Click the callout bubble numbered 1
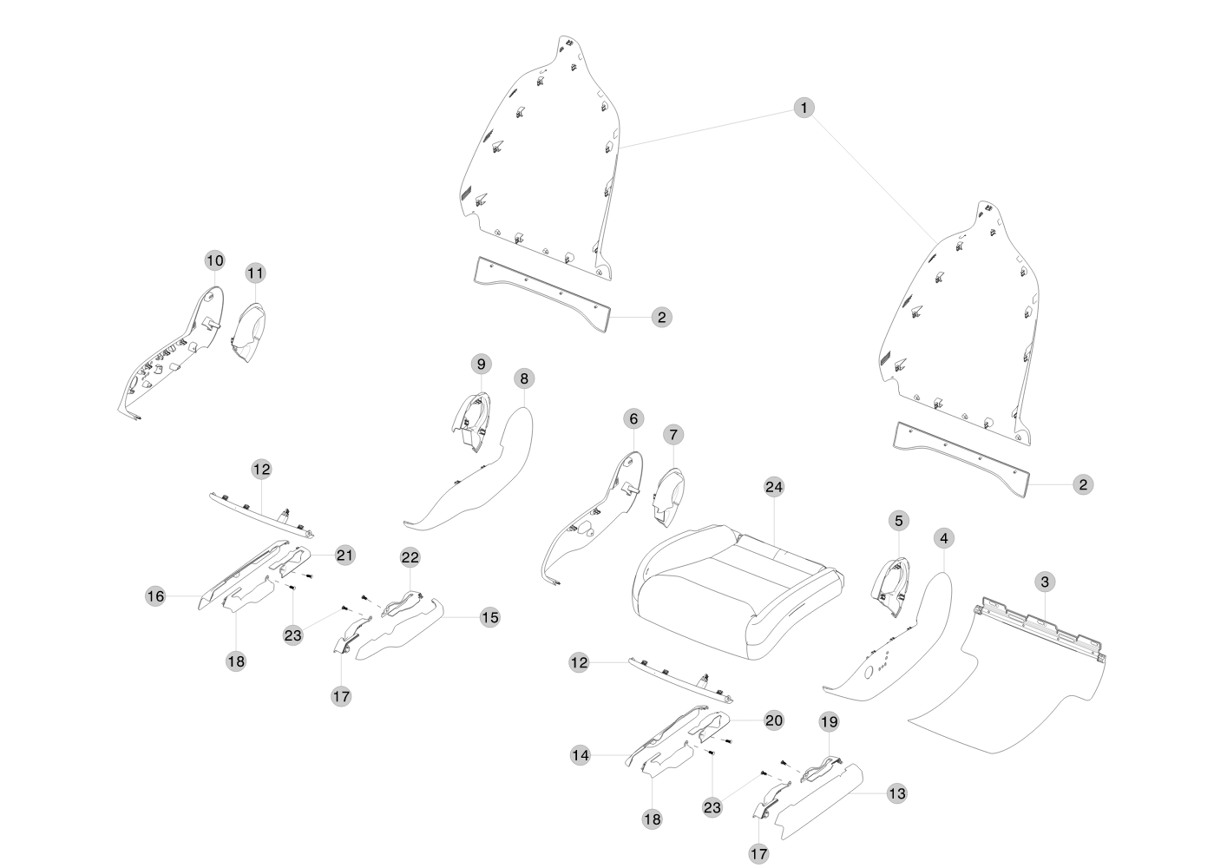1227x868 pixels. click(804, 108)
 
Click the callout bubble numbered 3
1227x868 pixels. click(1044, 581)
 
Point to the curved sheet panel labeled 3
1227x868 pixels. click(1007, 686)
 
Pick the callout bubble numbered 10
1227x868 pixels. click(214, 260)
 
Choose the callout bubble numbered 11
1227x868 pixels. click(254, 273)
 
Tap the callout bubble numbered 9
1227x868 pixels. click(482, 363)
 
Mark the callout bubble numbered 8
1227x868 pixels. click(523, 378)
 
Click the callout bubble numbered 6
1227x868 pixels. click(633, 419)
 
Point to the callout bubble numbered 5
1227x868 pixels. click(898, 521)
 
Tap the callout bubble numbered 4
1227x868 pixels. click(943, 538)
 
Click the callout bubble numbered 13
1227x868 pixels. click(896, 793)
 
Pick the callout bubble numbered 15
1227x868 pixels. click(489, 617)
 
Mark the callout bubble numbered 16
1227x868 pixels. click(155, 596)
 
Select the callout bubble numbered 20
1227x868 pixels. click(773, 720)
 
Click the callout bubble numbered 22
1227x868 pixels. click(410, 556)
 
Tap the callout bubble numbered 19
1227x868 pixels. click(829, 721)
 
